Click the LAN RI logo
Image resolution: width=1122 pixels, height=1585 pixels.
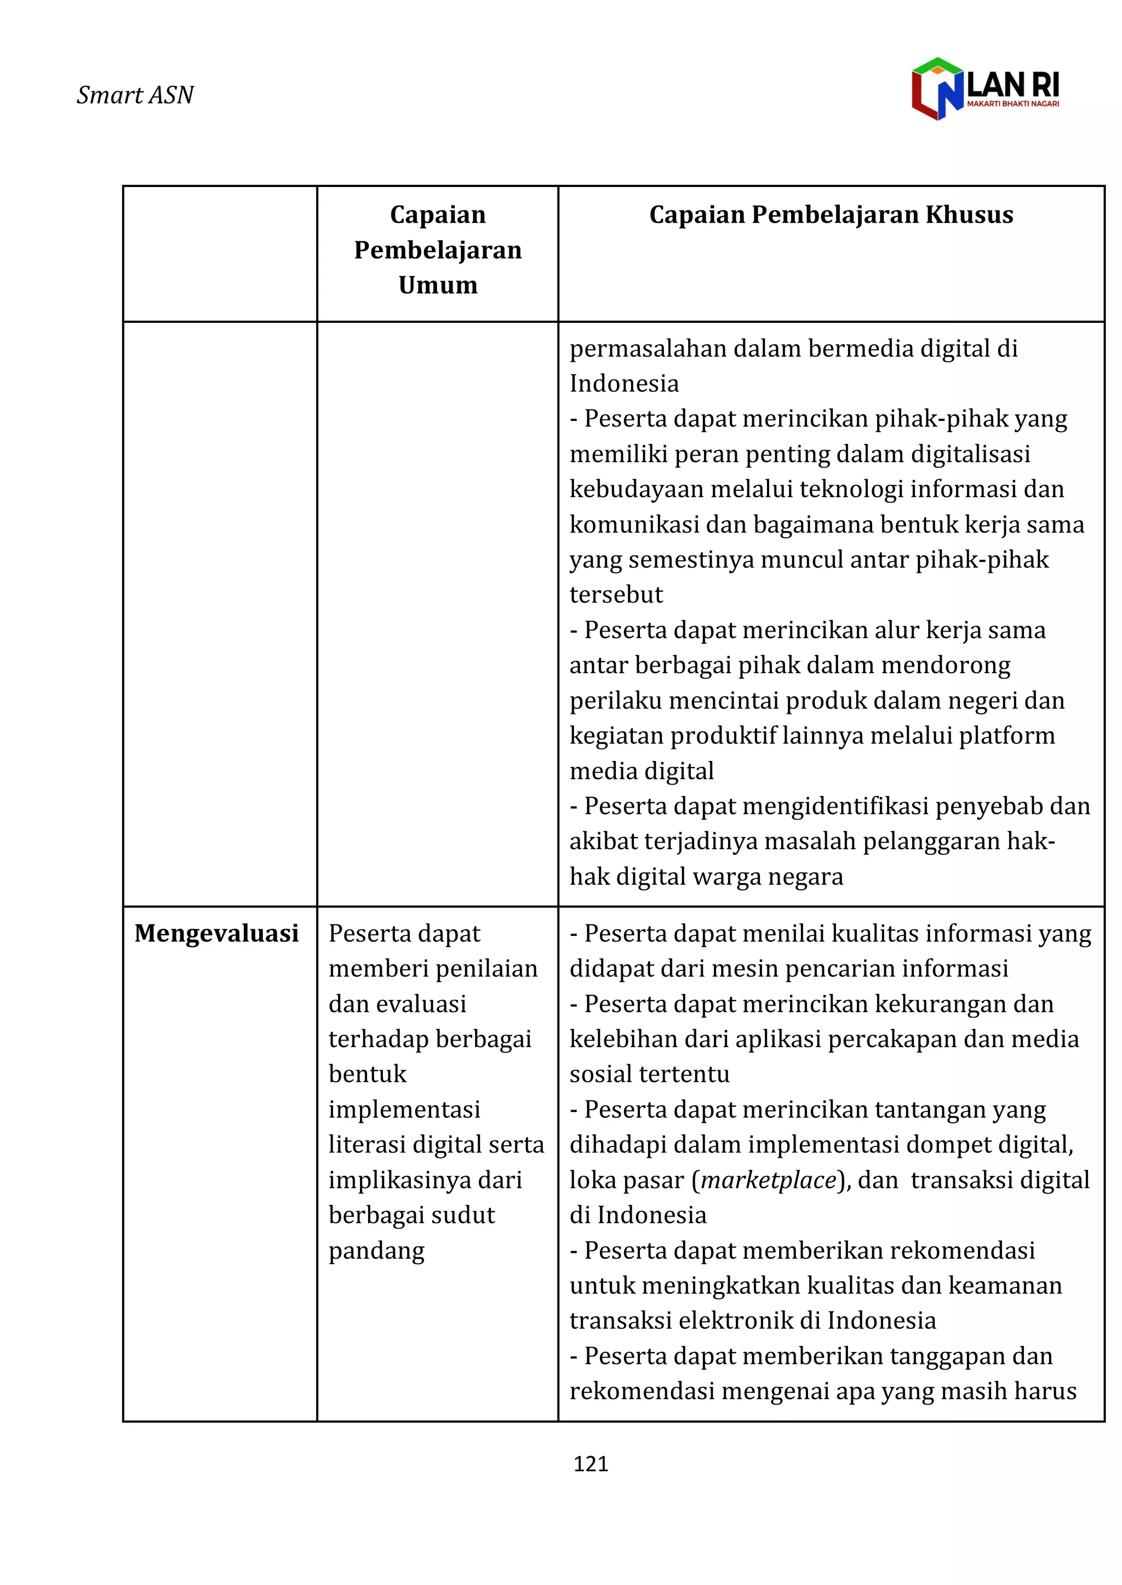tap(984, 88)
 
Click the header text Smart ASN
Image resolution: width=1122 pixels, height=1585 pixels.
tap(135, 95)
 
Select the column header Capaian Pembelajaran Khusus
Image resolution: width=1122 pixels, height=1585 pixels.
tap(831, 215)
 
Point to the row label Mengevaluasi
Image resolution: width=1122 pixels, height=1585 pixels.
tap(216, 934)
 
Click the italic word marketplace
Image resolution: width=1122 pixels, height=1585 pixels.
tap(768, 1180)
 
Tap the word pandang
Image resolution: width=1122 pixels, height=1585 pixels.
tap(376, 1251)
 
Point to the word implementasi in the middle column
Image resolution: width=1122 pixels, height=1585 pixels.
tap(404, 1110)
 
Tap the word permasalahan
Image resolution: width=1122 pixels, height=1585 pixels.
tap(648, 349)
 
